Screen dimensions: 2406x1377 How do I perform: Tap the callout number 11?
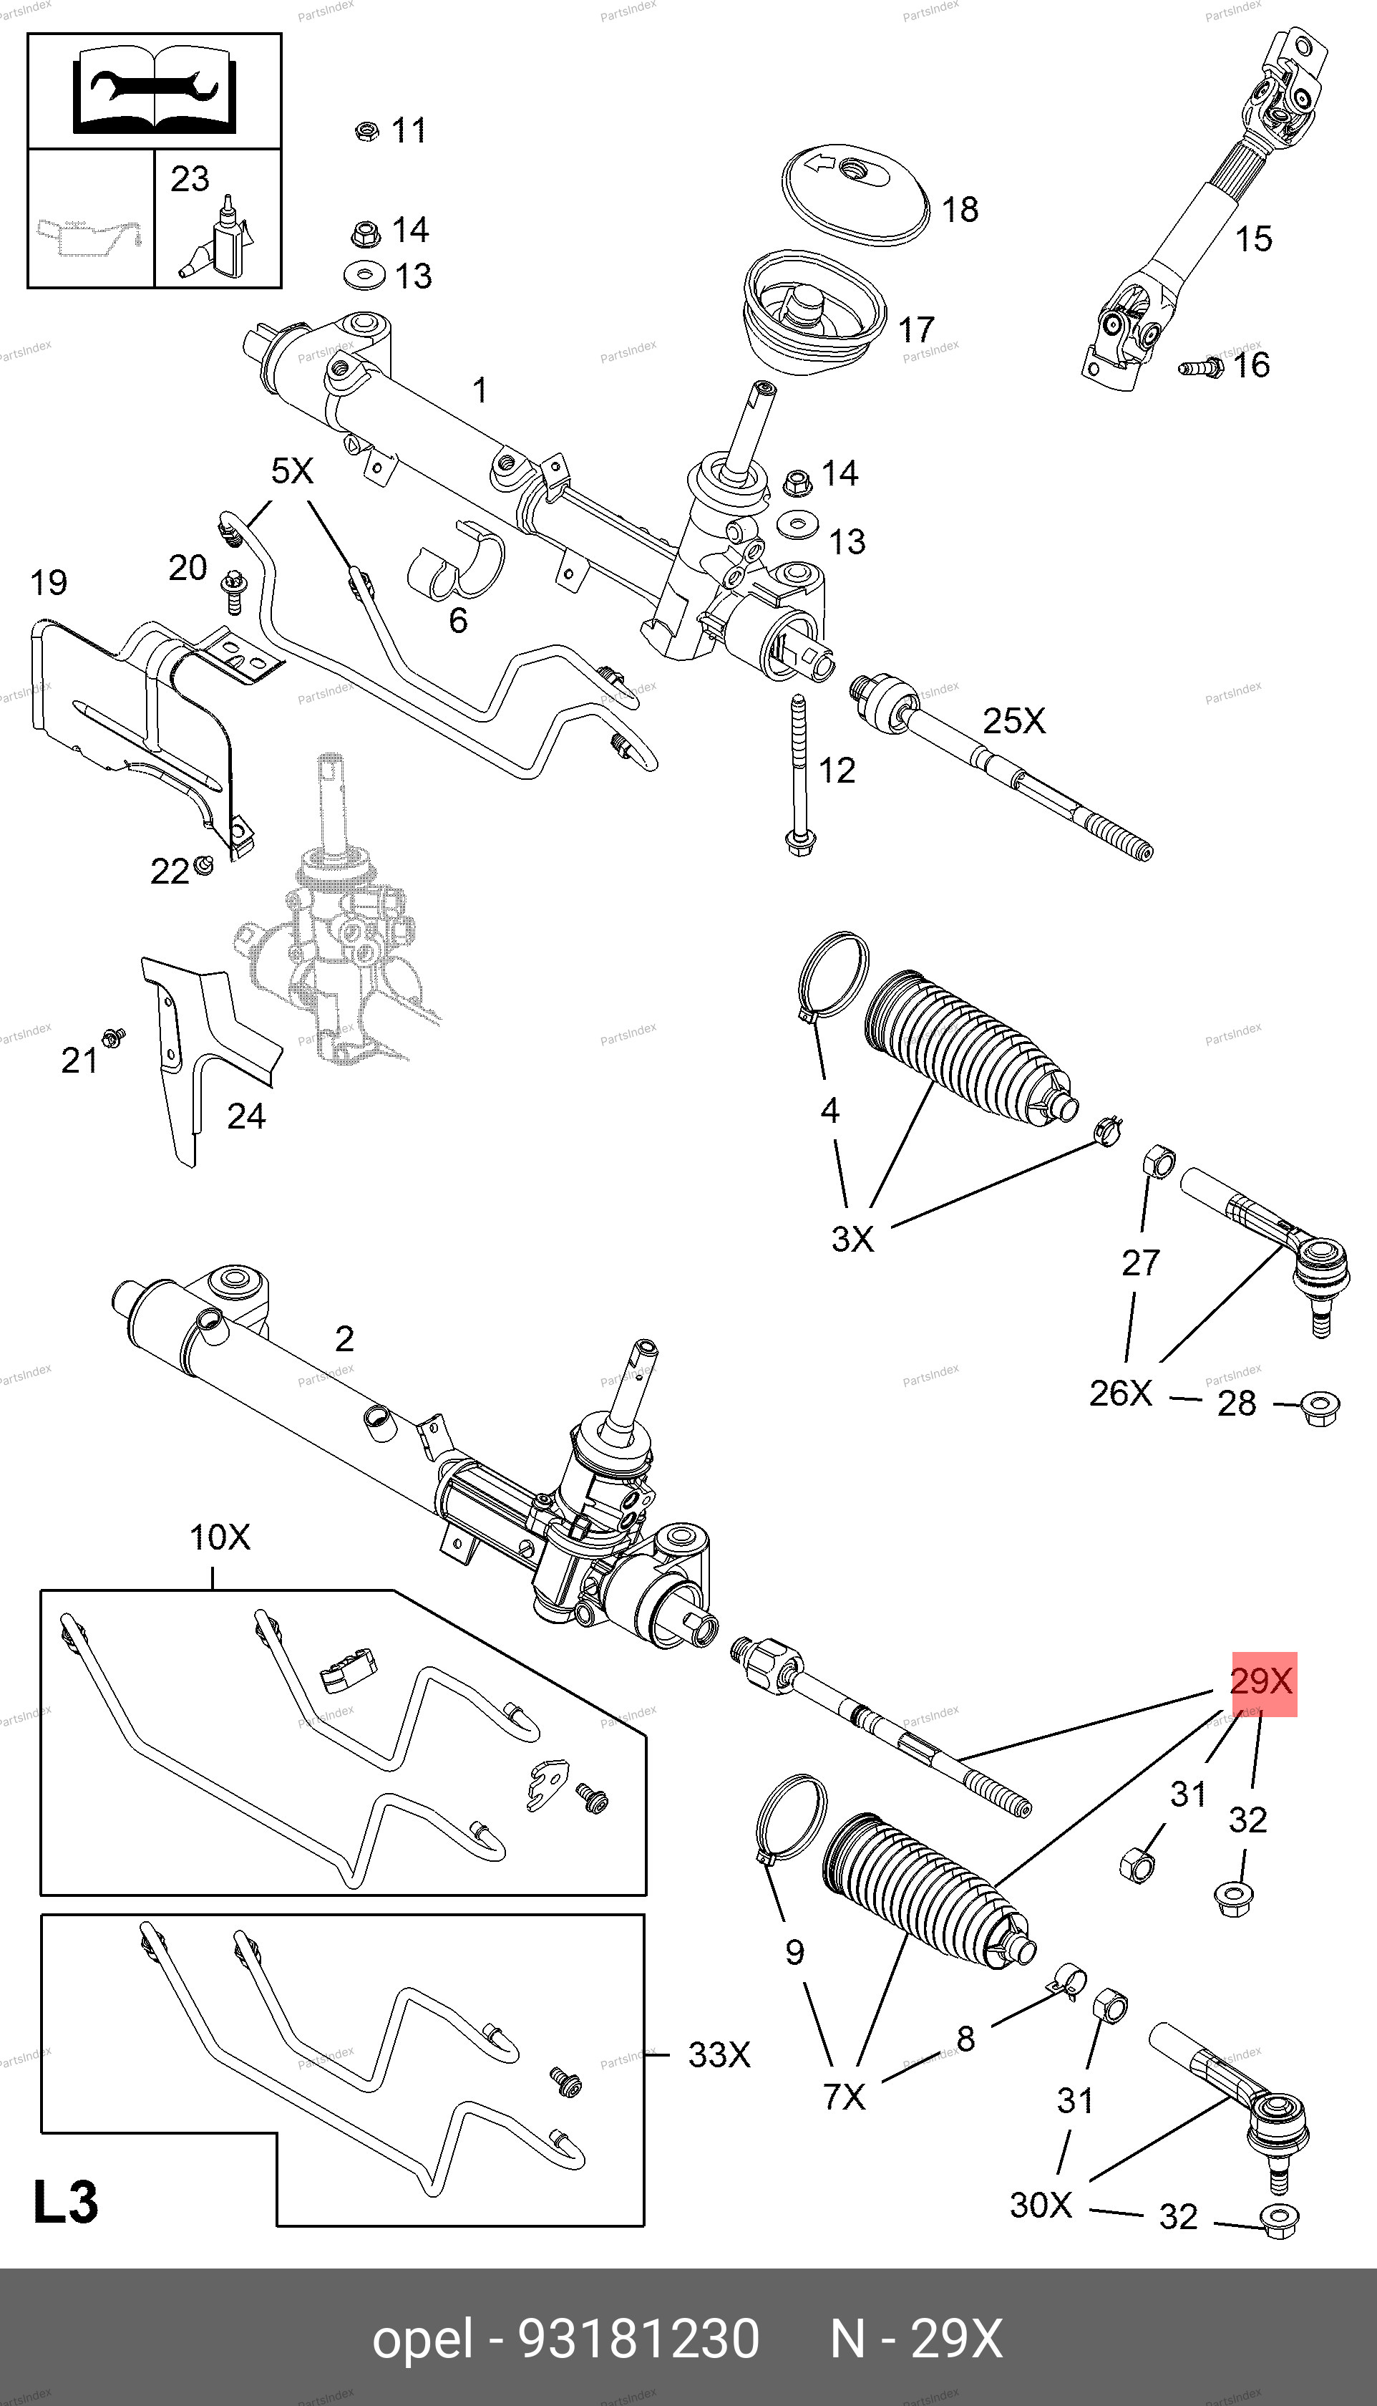409,130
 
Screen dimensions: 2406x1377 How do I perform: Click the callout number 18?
960,209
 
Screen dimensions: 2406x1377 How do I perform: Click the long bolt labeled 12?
799,776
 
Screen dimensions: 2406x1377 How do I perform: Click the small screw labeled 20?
232,591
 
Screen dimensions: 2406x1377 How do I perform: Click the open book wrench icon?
154,91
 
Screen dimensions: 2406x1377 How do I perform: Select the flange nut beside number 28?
1318,1407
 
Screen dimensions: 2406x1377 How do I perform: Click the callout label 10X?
220,1537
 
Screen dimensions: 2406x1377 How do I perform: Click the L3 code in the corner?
66,2203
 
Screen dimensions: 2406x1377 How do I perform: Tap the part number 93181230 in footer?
638,2339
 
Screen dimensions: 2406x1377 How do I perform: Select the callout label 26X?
1120,1393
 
